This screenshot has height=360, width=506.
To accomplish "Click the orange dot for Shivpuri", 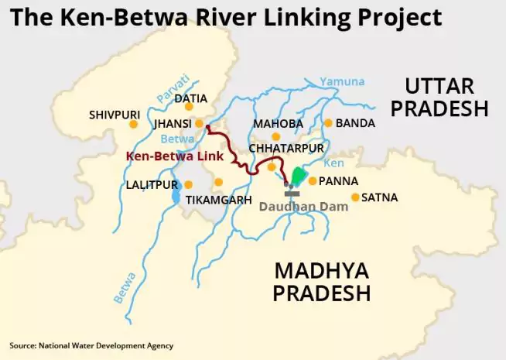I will (x=133, y=123).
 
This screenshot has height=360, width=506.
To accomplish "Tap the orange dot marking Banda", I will (x=328, y=123).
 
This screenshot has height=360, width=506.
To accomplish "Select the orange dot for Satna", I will (x=355, y=197).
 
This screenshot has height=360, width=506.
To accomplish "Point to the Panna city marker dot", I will (x=312, y=181).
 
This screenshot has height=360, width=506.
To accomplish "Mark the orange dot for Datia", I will (x=189, y=106).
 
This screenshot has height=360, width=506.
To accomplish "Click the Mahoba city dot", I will (x=275, y=136).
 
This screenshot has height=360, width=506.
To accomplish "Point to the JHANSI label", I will (x=173, y=123).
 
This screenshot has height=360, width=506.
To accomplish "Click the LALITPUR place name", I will (x=152, y=185).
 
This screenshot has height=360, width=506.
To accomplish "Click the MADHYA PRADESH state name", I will (x=321, y=282).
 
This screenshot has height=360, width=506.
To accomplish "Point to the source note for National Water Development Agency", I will (x=91, y=345).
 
